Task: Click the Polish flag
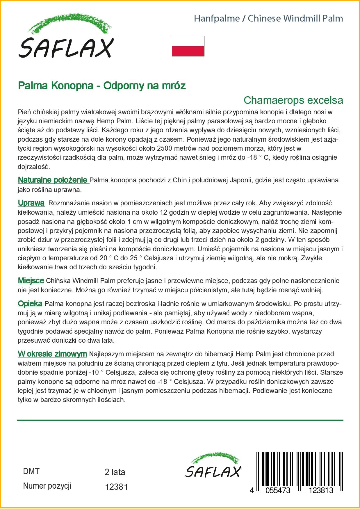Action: [188, 46]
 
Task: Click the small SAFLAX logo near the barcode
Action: [213, 466]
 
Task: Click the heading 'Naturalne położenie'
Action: [53, 180]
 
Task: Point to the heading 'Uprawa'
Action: [31, 203]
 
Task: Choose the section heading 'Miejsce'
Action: [31, 281]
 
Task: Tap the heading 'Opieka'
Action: [30, 304]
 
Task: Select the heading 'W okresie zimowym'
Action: [52, 354]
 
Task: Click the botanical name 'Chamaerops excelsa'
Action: [293, 100]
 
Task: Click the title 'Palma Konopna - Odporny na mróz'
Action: [102, 86]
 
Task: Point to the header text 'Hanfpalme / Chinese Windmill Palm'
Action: [268, 19]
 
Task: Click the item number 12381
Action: [116, 487]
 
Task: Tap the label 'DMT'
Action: [31, 471]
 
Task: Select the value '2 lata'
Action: [115, 472]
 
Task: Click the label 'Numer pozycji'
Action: [47, 486]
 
